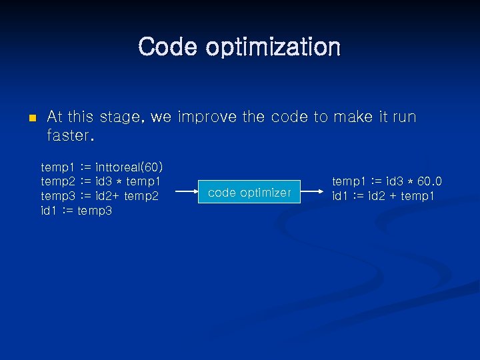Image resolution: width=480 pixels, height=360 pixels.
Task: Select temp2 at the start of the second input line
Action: pyautogui.click(x=57, y=181)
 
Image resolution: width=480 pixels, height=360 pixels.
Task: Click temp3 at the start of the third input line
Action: pyautogui.click(x=57, y=195)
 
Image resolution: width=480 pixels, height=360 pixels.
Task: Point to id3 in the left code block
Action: pyautogui.click(x=105, y=181)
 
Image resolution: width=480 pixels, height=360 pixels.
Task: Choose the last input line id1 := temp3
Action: pyautogui.click(x=77, y=211)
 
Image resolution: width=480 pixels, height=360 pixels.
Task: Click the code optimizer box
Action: pyautogui.click(x=249, y=193)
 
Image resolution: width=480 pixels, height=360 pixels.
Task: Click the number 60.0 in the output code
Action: pyautogui.click(x=429, y=181)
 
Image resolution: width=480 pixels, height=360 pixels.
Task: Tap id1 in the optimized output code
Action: pyautogui.click(x=341, y=196)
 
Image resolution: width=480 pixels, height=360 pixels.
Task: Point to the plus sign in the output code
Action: pyautogui.click(x=393, y=196)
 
